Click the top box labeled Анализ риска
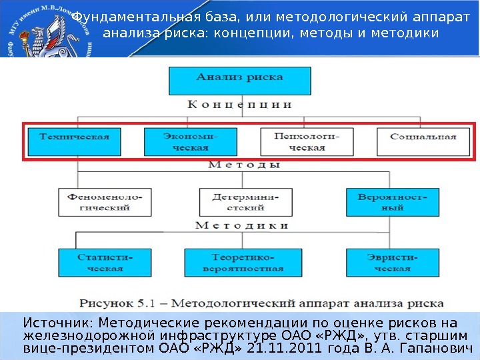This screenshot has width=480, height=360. [x=239, y=81]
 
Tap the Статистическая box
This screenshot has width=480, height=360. [x=100, y=263]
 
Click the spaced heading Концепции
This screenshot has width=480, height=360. [x=239, y=105]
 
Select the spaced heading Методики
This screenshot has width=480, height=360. [x=242, y=226]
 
